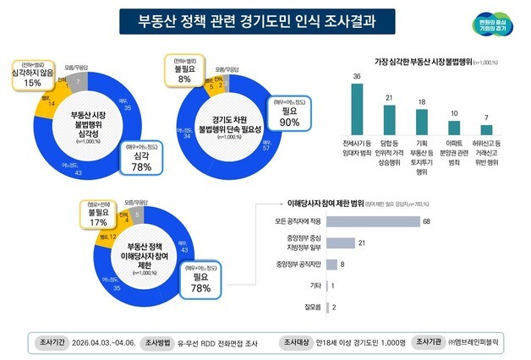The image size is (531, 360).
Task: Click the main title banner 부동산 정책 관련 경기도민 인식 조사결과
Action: tap(260, 20)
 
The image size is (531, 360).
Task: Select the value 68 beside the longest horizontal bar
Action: tap(428, 221)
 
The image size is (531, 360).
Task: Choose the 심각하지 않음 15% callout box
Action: tap(32, 74)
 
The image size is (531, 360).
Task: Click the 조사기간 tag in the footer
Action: tap(50, 343)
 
